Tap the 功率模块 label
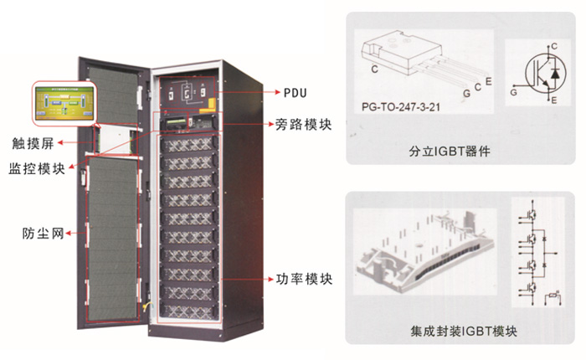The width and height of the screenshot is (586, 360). [x=303, y=278]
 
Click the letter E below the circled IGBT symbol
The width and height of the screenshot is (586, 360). [x=553, y=101]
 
